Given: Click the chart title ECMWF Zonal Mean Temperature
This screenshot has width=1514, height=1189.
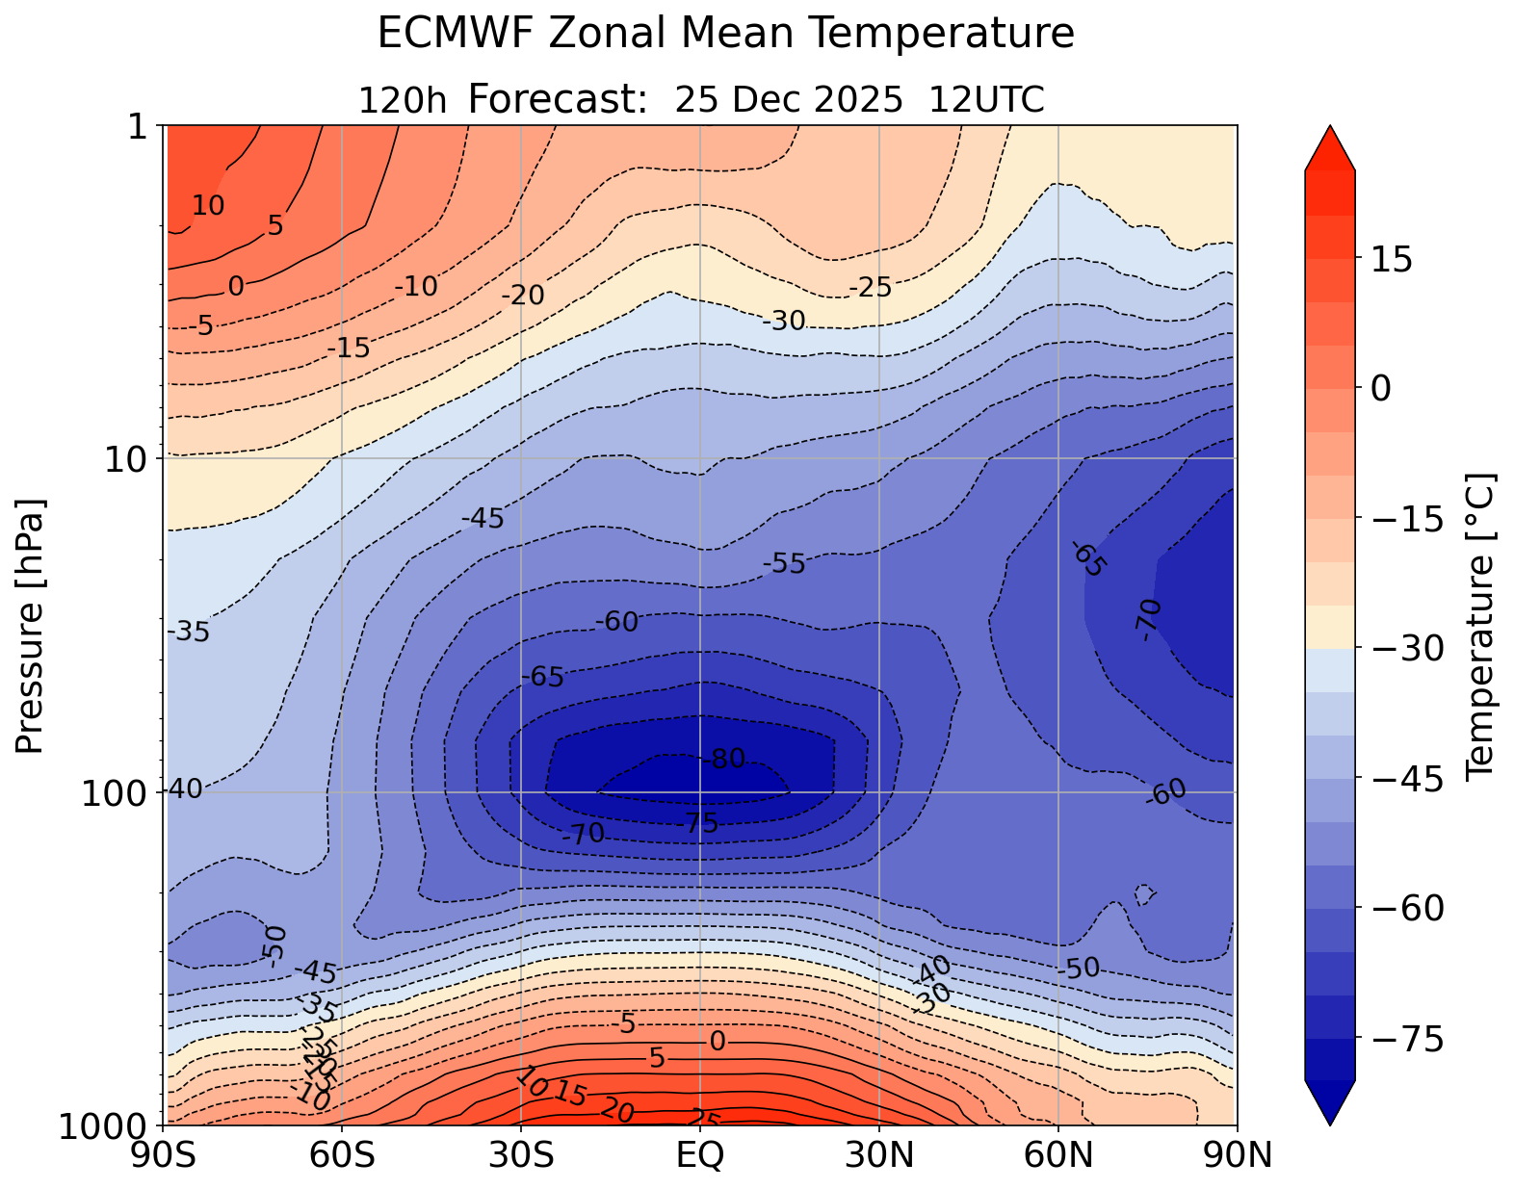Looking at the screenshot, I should pos(725,34).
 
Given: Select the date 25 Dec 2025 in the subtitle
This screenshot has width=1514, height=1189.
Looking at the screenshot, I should pos(789,99).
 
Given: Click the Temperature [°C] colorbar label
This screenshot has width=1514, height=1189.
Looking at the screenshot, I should pos(1478,626).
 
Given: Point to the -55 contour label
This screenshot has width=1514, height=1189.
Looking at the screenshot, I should pos(784,563).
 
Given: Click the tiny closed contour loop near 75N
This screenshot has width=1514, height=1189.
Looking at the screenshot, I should pos(1145,894).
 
